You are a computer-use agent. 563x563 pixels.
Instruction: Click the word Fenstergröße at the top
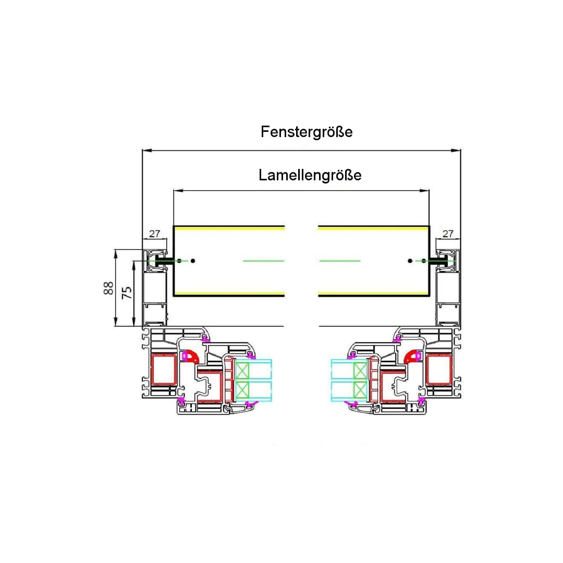click(x=307, y=132)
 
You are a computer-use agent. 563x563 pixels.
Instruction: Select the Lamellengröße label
click(x=310, y=175)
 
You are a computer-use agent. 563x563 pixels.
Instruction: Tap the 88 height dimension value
click(x=108, y=288)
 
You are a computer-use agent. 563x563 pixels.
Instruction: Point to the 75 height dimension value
click(x=126, y=292)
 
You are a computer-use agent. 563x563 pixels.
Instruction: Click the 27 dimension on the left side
click(x=155, y=234)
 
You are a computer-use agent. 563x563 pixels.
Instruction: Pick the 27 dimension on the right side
click(x=448, y=234)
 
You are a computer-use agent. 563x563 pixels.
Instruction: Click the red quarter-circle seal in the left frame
click(x=192, y=357)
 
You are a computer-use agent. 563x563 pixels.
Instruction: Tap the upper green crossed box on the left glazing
click(x=242, y=371)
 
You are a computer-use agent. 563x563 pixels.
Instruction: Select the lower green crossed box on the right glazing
click(x=360, y=390)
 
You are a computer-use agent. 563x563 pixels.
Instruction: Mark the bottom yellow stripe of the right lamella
click(x=373, y=292)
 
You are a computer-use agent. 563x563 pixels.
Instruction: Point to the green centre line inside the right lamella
click(x=339, y=260)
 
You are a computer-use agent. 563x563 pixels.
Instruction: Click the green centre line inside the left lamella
click(x=263, y=260)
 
